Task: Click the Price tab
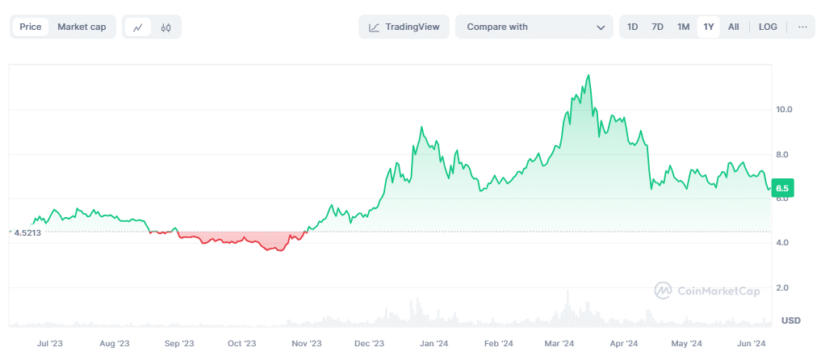pos(31,27)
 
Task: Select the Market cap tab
pos(82,27)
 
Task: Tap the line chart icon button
pos(138,27)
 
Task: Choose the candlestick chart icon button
pos(166,27)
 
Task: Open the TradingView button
pos(404,27)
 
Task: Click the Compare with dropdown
pos(534,27)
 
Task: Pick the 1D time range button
pos(633,27)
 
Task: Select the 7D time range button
pos(658,27)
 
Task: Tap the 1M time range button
pos(684,27)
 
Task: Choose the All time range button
pos(734,27)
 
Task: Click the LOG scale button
pos(768,27)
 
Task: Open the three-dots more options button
pos(802,27)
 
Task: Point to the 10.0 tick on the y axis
pos(784,109)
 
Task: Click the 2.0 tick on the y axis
pos(782,287)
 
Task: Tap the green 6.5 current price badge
pos(781,188)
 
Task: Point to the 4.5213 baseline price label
pos(27,232)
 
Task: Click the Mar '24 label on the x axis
pos(559,343)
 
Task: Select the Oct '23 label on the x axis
pos(241,343)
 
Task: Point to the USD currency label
pos(790,320)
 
